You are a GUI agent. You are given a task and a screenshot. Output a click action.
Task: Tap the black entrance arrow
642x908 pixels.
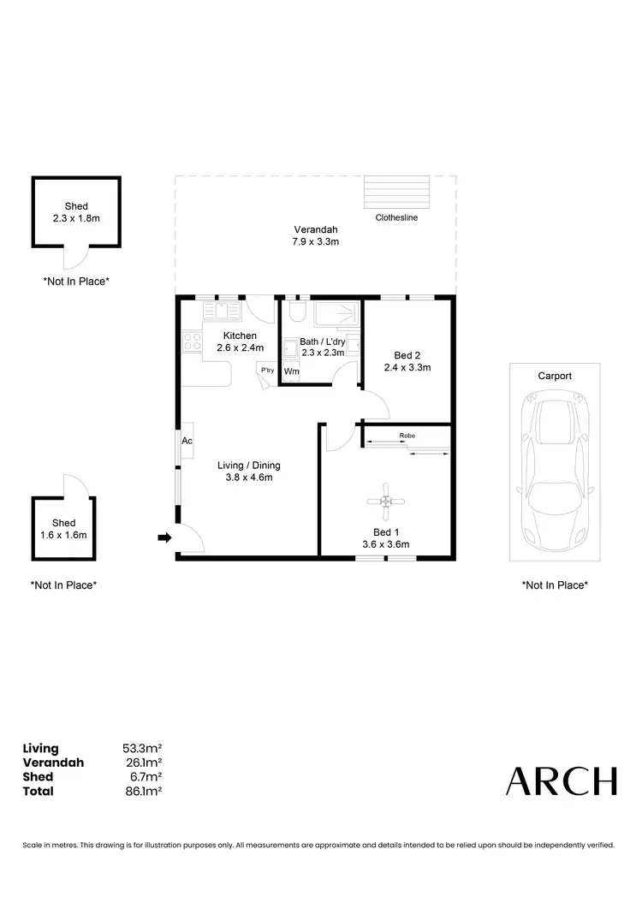(163, 537)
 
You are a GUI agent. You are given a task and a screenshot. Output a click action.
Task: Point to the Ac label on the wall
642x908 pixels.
(187, 441)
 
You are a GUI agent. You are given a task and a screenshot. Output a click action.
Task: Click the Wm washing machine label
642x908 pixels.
(291, 371)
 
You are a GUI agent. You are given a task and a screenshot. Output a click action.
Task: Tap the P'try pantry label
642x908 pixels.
(268, 370)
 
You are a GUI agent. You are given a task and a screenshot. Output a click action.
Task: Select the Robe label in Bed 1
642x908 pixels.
(407, 436)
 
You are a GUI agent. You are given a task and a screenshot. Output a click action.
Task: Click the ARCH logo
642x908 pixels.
(561, 780)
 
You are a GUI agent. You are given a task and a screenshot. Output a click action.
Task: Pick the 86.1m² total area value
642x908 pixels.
(143, 792)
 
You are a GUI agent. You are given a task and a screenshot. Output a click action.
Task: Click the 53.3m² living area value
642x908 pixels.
(143, 749)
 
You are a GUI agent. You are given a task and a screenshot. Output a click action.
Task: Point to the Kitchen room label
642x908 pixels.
(240, 335)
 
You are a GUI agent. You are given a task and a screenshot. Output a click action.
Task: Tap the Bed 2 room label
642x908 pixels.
(407, 355)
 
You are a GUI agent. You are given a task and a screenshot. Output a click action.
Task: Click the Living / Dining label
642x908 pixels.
(249, 466)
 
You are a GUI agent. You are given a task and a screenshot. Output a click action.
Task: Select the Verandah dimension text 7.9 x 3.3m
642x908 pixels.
(316, 242)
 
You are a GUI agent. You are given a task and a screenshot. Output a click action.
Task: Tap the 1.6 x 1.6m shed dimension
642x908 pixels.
(63, 535)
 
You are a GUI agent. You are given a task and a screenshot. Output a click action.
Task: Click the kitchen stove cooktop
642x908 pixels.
(192, 342)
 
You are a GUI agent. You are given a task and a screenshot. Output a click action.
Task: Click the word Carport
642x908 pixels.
(554, 376)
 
